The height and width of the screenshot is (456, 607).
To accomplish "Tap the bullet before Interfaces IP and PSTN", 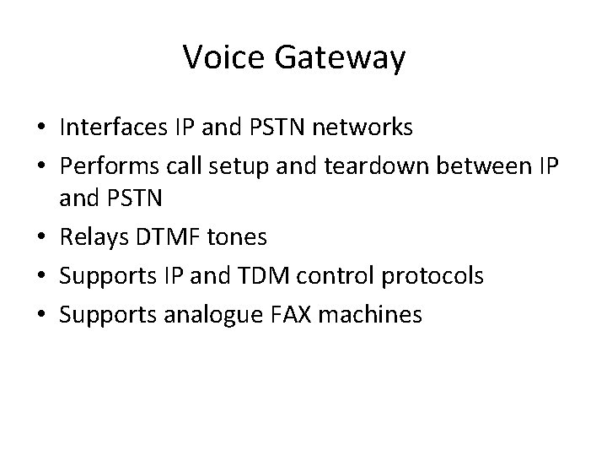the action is coord(40,128).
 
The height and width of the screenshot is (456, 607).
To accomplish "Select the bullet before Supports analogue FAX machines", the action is coord(40,314).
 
